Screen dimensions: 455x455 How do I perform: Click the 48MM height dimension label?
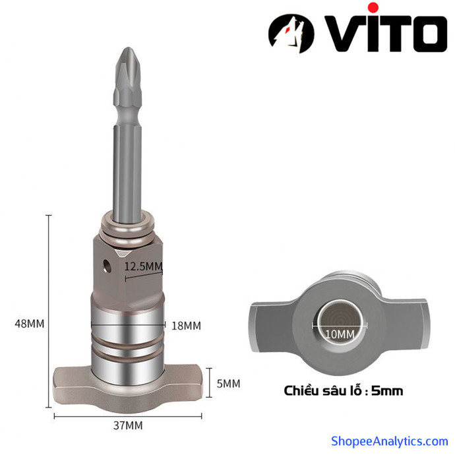(30, 324)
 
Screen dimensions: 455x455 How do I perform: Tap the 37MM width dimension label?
(128, 425)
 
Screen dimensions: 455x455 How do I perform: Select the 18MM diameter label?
(186, 326)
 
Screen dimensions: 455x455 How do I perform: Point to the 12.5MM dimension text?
(143, 266)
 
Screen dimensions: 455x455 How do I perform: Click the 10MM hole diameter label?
(340, 334)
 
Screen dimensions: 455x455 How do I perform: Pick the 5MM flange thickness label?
(228, 384)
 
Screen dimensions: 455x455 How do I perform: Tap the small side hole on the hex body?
(107, 266)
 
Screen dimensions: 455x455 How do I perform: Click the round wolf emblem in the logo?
(291, 34)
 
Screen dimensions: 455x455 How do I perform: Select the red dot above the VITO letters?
(373, 8)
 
